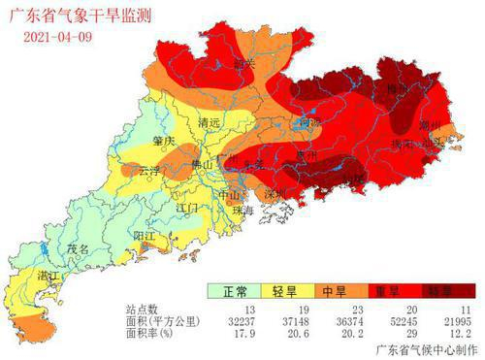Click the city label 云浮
(150, 170)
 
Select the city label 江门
(188, 208)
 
